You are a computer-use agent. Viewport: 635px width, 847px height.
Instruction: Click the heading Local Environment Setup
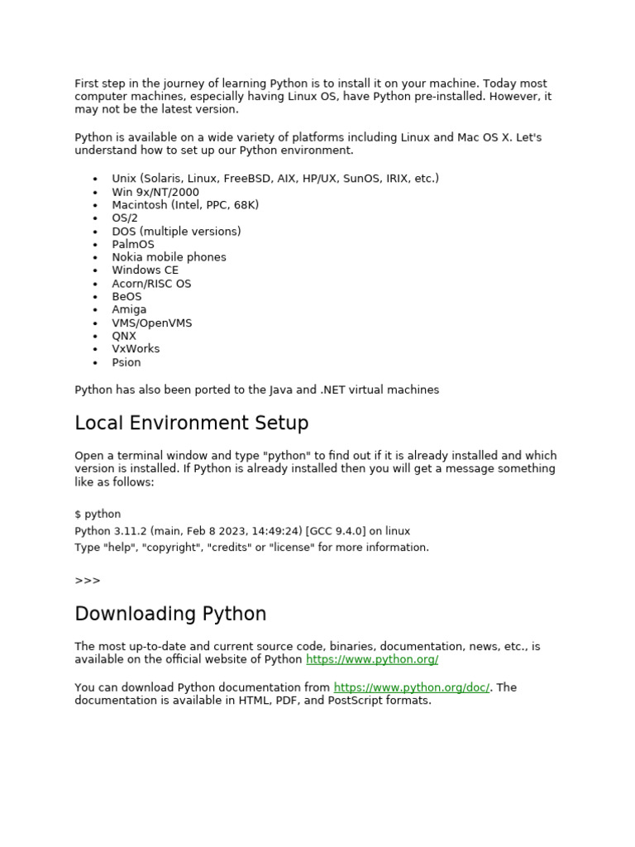[191, 423]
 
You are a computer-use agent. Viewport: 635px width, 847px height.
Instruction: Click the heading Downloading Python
[170, 615]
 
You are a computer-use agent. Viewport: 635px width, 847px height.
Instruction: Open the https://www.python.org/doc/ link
[412, 687]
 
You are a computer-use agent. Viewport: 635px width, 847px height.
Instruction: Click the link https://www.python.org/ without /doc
[372, 659]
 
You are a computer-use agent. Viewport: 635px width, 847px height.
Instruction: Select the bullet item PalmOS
[133, 244]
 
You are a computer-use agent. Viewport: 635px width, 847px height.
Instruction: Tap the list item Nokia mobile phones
[169, 257]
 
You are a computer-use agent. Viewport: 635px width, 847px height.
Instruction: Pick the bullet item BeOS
[127, 296]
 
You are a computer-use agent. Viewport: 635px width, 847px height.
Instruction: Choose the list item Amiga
[129, 309]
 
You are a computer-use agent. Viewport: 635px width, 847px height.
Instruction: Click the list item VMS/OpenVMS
[152, 323]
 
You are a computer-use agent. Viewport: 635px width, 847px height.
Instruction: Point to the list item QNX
[124, 336]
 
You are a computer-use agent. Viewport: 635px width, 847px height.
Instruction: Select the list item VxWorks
[136, 349]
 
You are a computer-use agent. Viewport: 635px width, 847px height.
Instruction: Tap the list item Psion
[127, 362]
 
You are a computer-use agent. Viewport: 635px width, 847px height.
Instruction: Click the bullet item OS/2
[125, 218]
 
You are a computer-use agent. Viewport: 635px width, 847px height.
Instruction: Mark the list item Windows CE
[146, 270]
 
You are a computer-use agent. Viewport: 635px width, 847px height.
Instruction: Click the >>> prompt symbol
[88, 581]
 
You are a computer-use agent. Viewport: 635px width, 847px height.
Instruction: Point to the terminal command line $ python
[98, 514]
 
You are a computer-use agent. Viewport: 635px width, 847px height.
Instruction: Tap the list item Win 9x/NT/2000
[155, 192]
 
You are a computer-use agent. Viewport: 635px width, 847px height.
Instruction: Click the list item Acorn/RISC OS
[151, 283]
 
